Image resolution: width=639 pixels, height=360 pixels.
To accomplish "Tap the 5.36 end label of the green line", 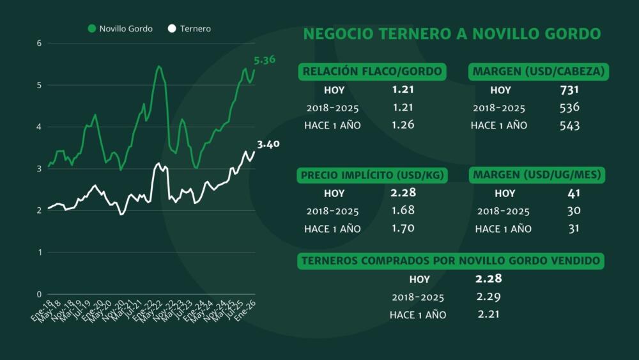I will coord(265,60).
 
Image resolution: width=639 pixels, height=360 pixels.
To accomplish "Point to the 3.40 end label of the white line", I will coord(268,144).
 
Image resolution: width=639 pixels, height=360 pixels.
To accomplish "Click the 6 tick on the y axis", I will coord(39,43).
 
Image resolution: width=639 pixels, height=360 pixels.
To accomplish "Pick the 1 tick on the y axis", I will coord(39,252).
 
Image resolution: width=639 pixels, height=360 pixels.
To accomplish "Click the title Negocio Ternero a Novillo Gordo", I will coord(452,34).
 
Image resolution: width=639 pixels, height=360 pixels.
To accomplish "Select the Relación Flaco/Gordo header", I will coord(373,71).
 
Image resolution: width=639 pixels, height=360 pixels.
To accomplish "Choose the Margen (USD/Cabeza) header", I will coord(538,71).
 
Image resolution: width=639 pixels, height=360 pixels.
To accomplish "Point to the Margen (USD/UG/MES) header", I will coord(538,175).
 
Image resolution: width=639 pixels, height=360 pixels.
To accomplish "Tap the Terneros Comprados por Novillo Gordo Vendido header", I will coord(451,260).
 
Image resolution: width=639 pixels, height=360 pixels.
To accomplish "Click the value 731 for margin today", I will coord(569,90).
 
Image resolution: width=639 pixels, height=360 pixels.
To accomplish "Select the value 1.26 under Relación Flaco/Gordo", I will coord(403,125).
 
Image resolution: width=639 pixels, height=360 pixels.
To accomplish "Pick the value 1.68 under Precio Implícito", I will coord(403,210).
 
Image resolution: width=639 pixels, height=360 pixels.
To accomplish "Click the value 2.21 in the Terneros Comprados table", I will coord(488,314).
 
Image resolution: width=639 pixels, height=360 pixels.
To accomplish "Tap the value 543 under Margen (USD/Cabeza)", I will coord(569,125).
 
